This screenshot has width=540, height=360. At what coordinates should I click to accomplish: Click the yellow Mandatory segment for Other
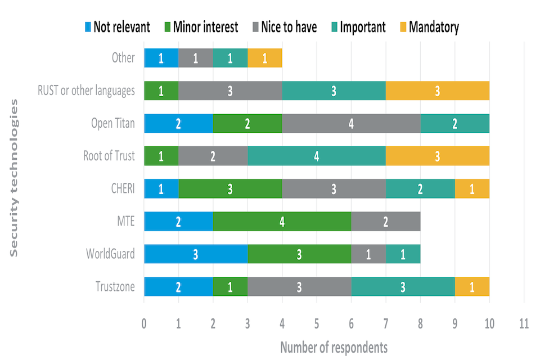click(x=265, y=58)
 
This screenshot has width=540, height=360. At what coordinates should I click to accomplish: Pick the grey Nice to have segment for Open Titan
click(x=351, y=123)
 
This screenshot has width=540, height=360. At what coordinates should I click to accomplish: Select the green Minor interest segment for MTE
click(x=282, y=221)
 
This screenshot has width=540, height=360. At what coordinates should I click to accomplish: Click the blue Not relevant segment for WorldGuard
click(x=195, y=254)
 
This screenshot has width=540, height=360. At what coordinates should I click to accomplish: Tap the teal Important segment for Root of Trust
click(x=316, y=156)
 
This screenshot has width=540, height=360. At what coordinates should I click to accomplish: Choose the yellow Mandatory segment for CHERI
click(x=472, y=188)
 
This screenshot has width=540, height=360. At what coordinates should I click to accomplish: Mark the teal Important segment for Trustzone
click(x=403, y=286)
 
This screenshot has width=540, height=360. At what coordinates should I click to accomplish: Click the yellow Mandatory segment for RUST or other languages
click(x=437, y=91)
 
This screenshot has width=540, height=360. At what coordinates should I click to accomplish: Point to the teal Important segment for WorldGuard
click(x=403, y=254)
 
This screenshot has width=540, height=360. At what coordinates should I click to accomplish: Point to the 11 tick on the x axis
click(x=524, y=325)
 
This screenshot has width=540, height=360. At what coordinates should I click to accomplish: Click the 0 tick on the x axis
click(x=144, y=325)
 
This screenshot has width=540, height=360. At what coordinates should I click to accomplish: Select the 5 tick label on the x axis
click(x=317, y=325)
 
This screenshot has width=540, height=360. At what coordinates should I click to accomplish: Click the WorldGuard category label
click(x=111, y=254)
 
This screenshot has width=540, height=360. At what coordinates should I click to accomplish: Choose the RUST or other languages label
click(x=86, y=91)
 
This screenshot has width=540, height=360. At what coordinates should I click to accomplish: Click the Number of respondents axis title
click(x=334, y=346)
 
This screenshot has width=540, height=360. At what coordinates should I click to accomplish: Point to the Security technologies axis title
click(x=15, y=178)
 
